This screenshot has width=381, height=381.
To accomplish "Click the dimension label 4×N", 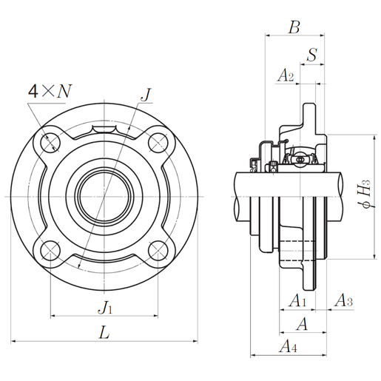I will tap(50, 91).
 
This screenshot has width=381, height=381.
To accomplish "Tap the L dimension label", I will tap(104, 333).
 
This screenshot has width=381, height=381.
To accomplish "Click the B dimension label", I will tap(294, 29).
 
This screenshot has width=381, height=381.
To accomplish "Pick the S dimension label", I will tap(313, 55).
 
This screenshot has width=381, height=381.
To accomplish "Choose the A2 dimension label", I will tap(286, 75).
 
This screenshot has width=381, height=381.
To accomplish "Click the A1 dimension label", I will tap(297, 300).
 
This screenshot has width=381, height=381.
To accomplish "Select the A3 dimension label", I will tap(344, 300).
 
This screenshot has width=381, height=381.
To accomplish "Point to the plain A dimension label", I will tap(302, 323).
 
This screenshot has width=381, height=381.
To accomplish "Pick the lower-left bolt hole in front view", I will tap(51, 249).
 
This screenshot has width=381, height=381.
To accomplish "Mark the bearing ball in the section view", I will tap(300, 158).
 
